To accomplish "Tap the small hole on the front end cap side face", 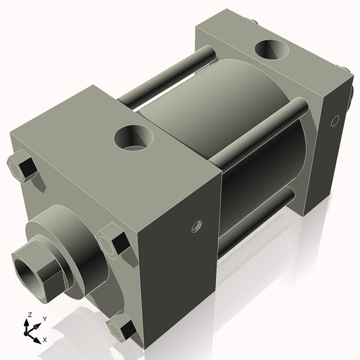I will [194, 228].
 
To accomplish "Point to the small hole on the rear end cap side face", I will [333, 122].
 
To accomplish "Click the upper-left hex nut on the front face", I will [23, 166].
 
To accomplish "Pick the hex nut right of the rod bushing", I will [113, 240].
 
